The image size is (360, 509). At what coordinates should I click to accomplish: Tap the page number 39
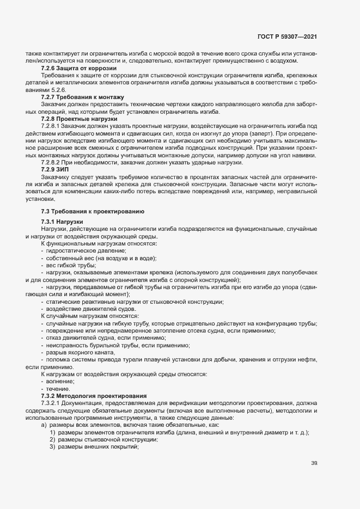pyautogui.click(x=314, y=464)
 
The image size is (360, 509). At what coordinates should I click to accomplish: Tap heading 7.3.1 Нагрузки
pyautogui.click(x=62, y=222)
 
